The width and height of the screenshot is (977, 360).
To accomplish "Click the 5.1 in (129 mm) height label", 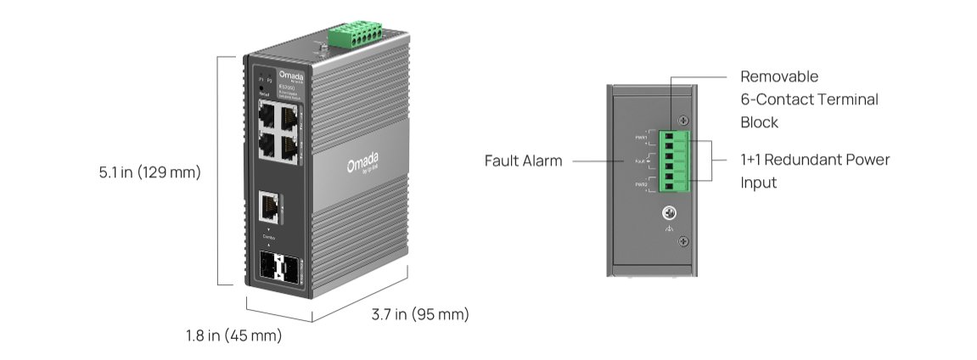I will (149, 172).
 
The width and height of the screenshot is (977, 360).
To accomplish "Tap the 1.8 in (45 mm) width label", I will (233, 335).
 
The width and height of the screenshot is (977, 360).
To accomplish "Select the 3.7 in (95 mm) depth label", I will (420, 315).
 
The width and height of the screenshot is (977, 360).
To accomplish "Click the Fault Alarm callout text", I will (523, 160).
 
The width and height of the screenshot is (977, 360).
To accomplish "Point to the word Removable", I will (779, 76).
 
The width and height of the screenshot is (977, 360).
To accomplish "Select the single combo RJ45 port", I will (270, 205).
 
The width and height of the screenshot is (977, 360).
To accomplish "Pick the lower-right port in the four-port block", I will (289, 149).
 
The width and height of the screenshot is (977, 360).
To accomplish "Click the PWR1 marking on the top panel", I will (641, 137).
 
